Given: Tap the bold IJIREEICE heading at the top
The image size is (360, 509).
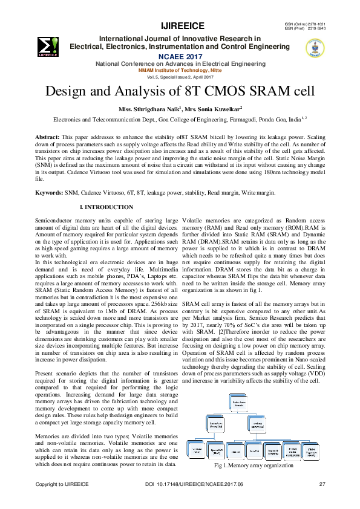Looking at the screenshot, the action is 183,25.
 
